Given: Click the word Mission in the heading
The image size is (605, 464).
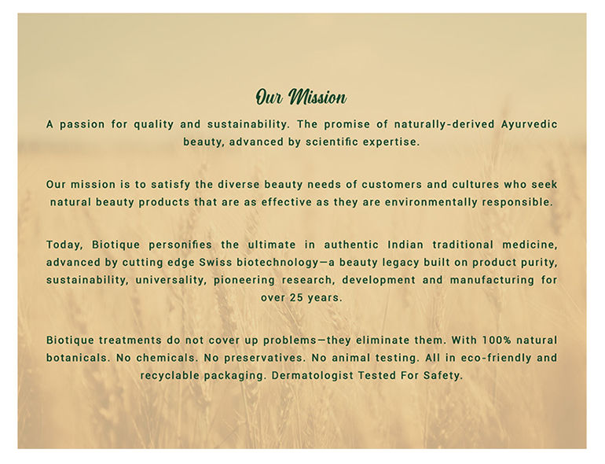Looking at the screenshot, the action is (x=317, y=97).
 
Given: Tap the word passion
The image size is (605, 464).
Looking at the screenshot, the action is (x=82, y=125).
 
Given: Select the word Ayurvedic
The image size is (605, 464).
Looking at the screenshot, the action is (x=529, y=125).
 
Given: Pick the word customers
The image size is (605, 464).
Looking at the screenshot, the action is (x=392, y=185).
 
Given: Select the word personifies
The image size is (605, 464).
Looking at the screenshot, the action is (x=181, y=245).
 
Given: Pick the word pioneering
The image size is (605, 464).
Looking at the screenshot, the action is (x=244, y=280).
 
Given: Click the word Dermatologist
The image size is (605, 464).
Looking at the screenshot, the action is (x=313, y=376).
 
